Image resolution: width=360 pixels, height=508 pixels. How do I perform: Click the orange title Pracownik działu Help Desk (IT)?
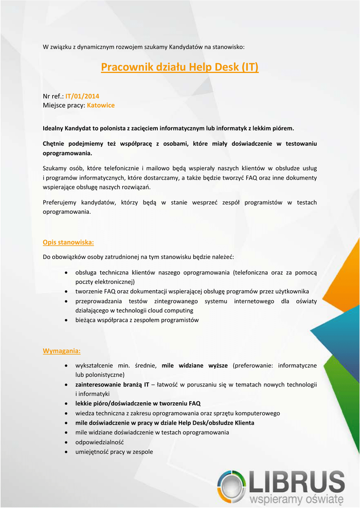(179, 67)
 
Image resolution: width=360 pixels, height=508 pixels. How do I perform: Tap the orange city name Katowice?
(101, 105)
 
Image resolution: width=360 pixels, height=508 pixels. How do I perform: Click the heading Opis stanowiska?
(68, 242)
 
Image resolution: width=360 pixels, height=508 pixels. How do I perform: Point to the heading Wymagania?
(62, 351)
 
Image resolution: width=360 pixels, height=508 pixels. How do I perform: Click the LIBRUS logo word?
(297, 482)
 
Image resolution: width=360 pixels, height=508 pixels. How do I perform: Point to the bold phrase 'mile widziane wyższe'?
(195, 366)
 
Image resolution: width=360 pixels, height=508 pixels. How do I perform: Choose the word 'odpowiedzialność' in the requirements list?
(99, 442)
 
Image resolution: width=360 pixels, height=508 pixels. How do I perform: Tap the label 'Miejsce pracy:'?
(64, 105)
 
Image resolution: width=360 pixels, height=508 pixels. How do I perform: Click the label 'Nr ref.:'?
(53, 96)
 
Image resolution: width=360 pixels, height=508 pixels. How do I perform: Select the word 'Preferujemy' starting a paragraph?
(59, 202)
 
